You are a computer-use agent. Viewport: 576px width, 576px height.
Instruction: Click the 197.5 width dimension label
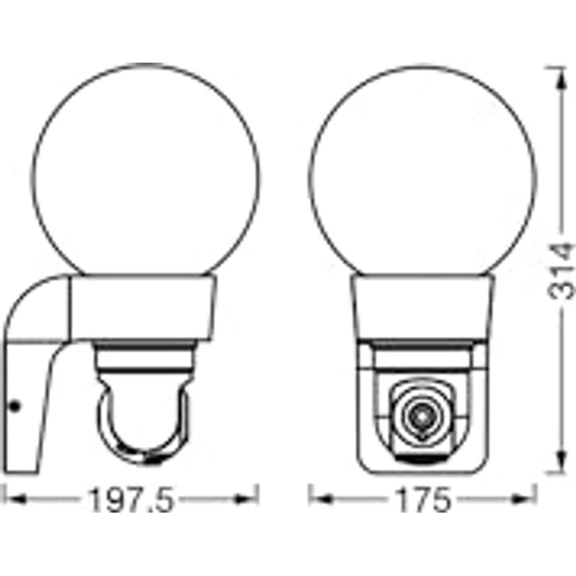(x=131, y=499)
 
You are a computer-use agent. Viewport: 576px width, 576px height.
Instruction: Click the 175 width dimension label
(x=423, y=499)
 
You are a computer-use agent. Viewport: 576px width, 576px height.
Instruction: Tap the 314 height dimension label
(x=560, y=271)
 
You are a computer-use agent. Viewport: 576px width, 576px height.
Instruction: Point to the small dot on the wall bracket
(x=15, y=406)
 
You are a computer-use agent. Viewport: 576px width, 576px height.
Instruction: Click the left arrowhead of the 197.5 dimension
(x=15, y=499)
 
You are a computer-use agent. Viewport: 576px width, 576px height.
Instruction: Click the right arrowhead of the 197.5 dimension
(x=246, y=499)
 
